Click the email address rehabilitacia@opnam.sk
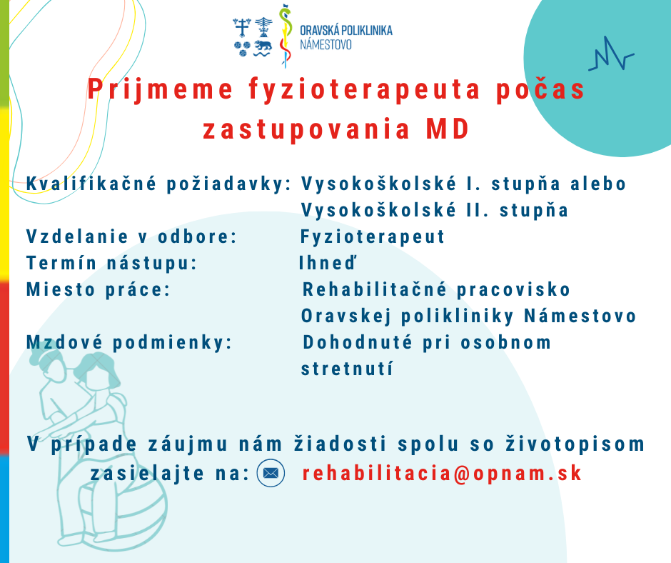click(x=442, y=474)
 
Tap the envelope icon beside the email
click(x=271, y=473)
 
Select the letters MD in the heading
click(x=448, y=129)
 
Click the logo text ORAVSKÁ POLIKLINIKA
click(x=346, y=31)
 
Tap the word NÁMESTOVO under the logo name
click(x=326, y=44)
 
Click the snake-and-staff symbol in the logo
click(x=286, y=36)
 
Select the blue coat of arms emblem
click(x=253, y=37)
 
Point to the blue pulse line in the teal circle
click(x=610, y=55)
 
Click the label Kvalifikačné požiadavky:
click(x=158, y=184)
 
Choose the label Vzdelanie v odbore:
click(x=132, y=236)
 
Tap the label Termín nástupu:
click(x=111, y=263)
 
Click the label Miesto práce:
click(x=99, y=289)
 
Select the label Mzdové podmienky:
click(x=129, y=342)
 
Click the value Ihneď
click(x=328, y=263)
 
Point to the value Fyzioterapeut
click(x=373, y=236)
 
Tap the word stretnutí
click(x=347, y=369)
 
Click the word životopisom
click(x=575, y=444)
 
